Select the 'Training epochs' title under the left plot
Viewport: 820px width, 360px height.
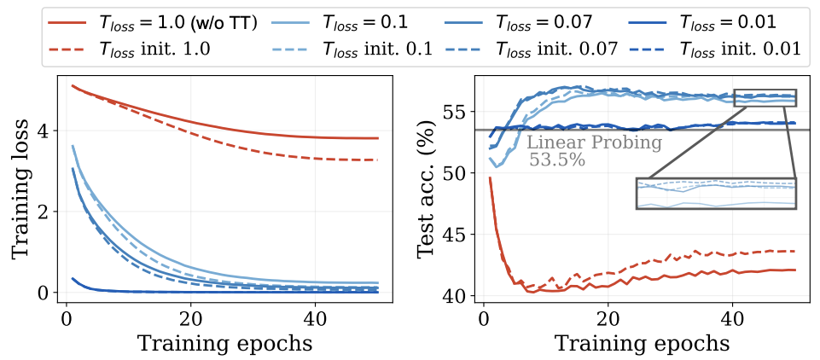[222, 343]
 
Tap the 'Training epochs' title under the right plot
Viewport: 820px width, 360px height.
[642, 343]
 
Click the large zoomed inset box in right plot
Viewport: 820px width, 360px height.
[716, 193]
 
